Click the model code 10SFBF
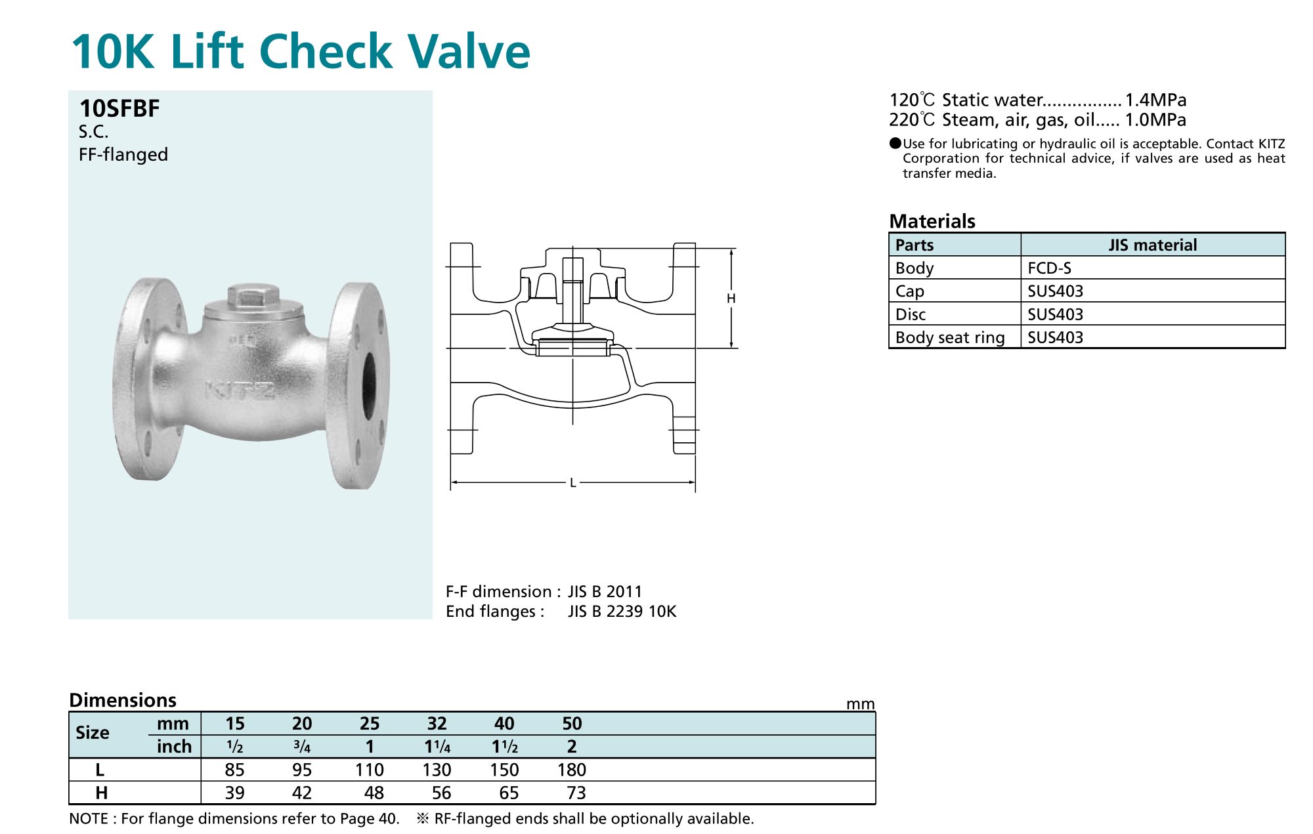(119, 108)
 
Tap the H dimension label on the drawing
(731, 299)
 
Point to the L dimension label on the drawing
(572, 483)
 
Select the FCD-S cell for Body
(1049, 268)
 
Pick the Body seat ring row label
(950, 337)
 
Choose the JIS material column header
(1153, 245)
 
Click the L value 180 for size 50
(572, 770)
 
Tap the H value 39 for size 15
(234, 793)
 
